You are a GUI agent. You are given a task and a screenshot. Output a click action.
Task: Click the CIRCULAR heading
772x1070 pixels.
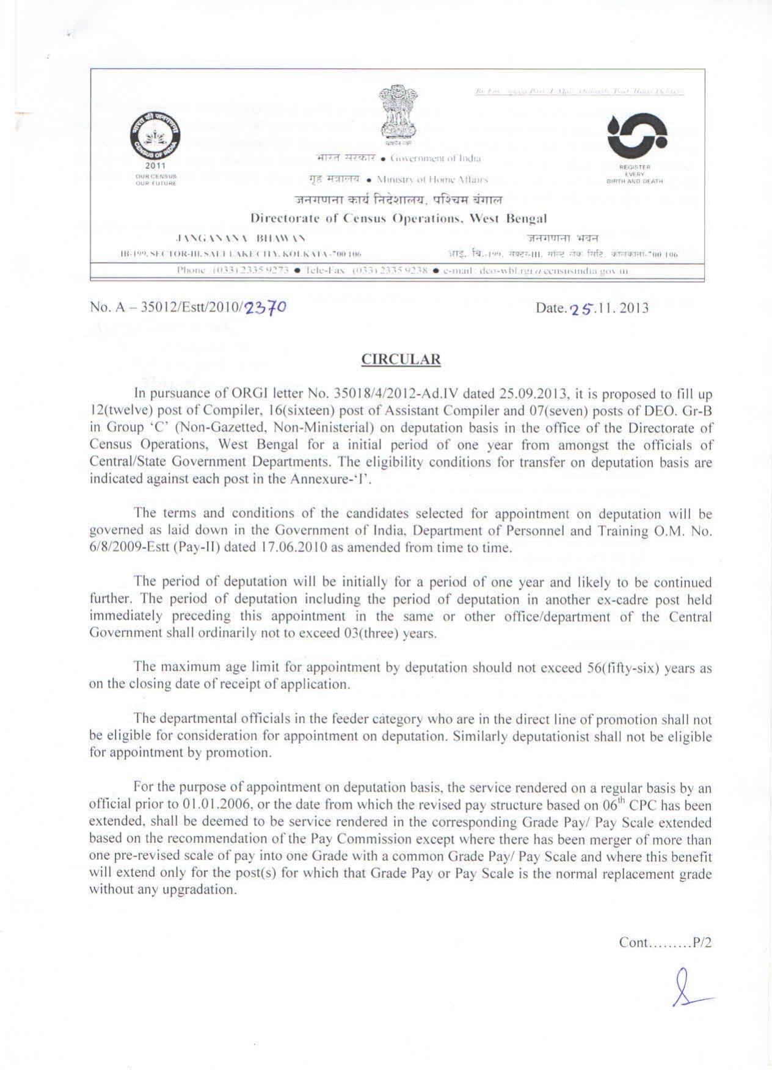coord(401,359)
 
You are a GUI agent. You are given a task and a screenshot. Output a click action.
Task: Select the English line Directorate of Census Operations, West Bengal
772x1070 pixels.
coord(399,218)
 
